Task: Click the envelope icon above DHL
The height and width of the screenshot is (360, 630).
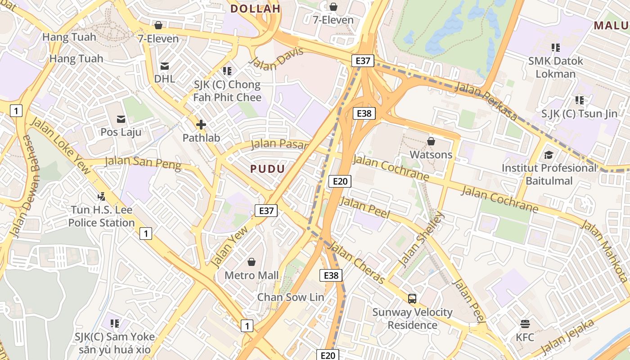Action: [x=165, y=67]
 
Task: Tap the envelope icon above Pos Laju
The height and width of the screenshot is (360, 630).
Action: [x=121, y=119]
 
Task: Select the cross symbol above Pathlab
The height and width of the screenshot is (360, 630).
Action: [x=201, y=125]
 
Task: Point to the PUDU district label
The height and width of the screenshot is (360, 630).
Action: [x=267, y=169]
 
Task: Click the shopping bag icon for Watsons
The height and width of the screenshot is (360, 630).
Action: [x=431, y=141]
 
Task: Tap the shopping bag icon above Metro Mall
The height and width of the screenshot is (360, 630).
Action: [x=252, y=262]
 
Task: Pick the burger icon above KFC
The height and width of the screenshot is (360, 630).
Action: [x=525, y=324]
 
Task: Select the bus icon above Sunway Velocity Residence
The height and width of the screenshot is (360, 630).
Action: [x=412, y=298]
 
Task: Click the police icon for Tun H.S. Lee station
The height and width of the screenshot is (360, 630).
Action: [x=102, y=197]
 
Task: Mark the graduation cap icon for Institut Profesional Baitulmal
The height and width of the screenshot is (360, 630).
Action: [x=549, y=155]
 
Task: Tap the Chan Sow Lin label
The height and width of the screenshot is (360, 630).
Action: [x=290, y=297]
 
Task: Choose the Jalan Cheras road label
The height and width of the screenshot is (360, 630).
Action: [x=357, y=263]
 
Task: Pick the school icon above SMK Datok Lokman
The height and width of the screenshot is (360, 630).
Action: [x=556, y=47]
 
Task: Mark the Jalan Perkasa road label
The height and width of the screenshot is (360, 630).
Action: [x=486, y=101]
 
